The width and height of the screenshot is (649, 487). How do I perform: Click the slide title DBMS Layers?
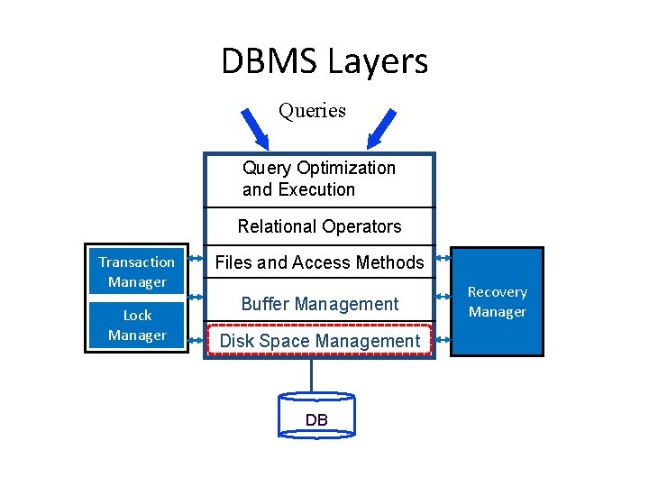pyautogui.click(x=324, y=61)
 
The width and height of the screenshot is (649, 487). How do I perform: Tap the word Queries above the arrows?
pyautogui.click(x=312, y=111)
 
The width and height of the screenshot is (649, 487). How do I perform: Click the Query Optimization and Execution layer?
pyautogui.click(x=319, y=179)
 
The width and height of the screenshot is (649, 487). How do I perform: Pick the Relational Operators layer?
pyautogui.click(x=319, y=226)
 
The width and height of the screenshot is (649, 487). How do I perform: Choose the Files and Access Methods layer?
pyautogui.click(x=319, y=262)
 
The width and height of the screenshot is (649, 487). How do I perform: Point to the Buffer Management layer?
pyautogui.click(x=319, y=304)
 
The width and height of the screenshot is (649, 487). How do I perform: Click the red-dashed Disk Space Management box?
pyautogui.click(x=319, y=341)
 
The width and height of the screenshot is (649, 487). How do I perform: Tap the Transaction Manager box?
pyautogui.click(x=137, y=271)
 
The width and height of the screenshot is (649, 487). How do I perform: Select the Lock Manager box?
pyautogui.click(x=137, y=325)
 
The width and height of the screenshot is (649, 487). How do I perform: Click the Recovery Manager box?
pyautogui.click(x=497, y=301)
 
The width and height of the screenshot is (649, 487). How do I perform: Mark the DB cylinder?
pyautogui.click(x=316, y=417)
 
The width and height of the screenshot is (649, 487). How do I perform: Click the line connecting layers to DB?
pyautogui.click(x=312, y=374)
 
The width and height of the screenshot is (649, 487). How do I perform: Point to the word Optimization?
pyautogui.click(x=346, y=169)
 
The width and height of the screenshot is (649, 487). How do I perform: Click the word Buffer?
pyautogui.click(x=268, y=304)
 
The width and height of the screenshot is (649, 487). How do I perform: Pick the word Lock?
pyautogui.click(x=137, y=315)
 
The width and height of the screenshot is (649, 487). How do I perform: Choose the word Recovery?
pyautogui.click(x=497, y=291)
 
